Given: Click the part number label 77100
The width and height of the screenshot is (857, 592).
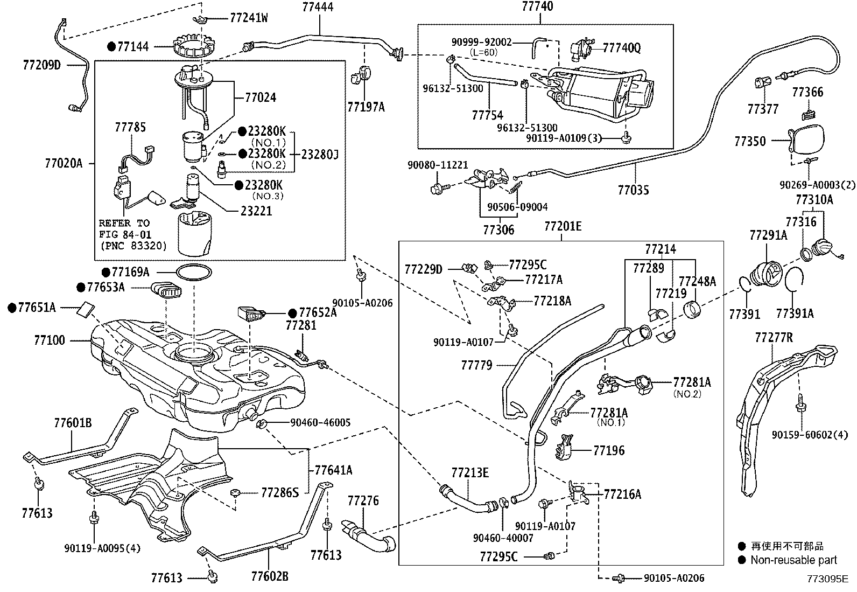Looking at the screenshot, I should (x=49, y=340).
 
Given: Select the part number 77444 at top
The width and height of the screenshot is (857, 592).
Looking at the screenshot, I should (x=318, y=7).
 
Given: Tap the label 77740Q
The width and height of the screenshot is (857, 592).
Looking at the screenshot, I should (x=622, y=48).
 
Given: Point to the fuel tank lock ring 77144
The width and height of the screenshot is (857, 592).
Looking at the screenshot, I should (x=192, y=47).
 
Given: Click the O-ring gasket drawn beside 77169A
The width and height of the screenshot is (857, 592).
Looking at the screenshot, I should (x=192, y=273).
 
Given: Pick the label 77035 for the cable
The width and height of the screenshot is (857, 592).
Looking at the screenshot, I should (x=633, y=190).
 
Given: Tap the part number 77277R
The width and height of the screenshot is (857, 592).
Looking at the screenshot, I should (x=774, y=338).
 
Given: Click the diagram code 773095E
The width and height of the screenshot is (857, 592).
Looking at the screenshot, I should (x=827, y=579).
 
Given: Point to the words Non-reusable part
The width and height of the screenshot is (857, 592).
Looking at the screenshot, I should (x=794, y=560).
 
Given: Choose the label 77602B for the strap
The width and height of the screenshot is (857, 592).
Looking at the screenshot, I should (x=270, y=576).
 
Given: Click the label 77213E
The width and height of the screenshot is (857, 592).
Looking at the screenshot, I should (x=470, y=473).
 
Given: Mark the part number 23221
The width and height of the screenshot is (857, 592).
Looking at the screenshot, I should (x=256, y=211).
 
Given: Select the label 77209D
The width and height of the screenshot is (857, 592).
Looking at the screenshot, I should (x=42, y=65).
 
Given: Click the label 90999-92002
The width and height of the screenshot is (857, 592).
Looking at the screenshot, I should (x=482, y=41).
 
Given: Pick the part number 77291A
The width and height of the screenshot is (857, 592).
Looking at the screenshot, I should (x=768, y=235).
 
